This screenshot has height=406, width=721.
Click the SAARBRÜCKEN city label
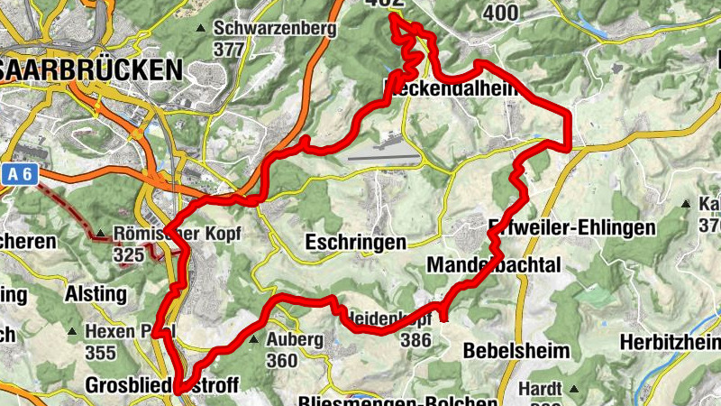click(x=90, y=69)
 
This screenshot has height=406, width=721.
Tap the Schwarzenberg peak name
click(x=275, y=28)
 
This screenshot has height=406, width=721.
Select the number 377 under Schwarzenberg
click(x=229, y=49)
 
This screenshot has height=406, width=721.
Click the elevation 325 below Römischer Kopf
click(x=129, y=254)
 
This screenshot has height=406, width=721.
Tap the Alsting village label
click(x=96, y=293)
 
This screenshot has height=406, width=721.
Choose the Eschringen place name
click(x=355, y=242)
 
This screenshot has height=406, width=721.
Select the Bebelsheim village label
click(x=516, y=350)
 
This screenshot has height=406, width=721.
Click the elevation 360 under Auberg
click(x=281, y=360)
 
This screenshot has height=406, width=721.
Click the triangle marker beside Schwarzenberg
click(x=199, y=29)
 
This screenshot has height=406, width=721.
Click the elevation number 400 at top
click(x=500, y=12)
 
